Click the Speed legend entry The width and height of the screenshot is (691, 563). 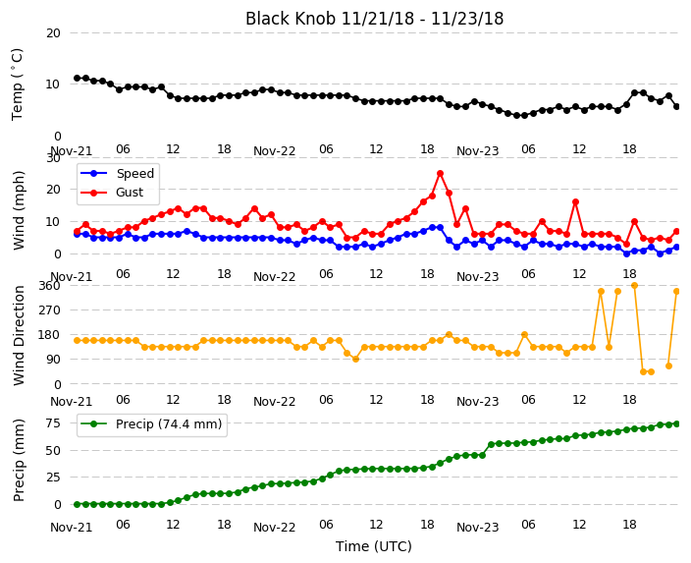[117, 173]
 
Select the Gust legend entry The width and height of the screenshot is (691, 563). [112, 193]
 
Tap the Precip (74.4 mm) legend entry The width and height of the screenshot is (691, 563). [151, 424]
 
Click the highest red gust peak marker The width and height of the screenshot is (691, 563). [440, 174]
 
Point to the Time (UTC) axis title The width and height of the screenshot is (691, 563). [374, 546]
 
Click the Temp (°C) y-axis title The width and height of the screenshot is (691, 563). [17, 84]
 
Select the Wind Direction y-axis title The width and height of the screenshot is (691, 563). [19, 336]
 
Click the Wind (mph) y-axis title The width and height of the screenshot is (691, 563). [18, 210]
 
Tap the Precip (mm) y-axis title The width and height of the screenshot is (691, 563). [18, 460]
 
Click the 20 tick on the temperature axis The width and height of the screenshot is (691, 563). [53, 33]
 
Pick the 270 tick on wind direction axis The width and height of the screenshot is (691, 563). [52, 310]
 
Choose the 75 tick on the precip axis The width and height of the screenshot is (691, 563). [53, 423]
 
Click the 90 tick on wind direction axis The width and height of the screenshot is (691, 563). [53, 360]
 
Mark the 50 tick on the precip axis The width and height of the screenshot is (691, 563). [53, 450]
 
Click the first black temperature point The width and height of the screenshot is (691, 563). [78, 78]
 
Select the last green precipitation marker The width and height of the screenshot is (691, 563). [677, 424]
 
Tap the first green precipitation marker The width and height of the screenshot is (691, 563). [78, 504]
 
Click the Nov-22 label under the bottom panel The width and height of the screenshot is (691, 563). [274, 528]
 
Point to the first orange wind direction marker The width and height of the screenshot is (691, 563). [78, 340]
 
